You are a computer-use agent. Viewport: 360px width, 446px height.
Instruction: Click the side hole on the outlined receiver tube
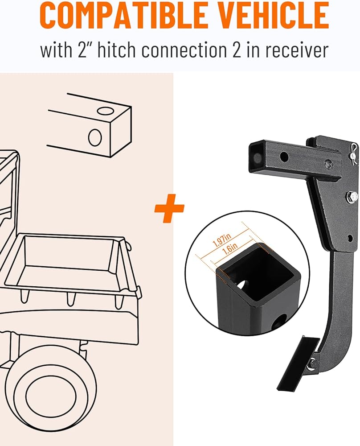tap(95, 136)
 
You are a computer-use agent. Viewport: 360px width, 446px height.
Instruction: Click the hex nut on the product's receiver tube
tap(328, 164)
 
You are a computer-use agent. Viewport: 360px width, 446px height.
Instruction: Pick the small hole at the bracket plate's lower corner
tap(350, 238)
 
